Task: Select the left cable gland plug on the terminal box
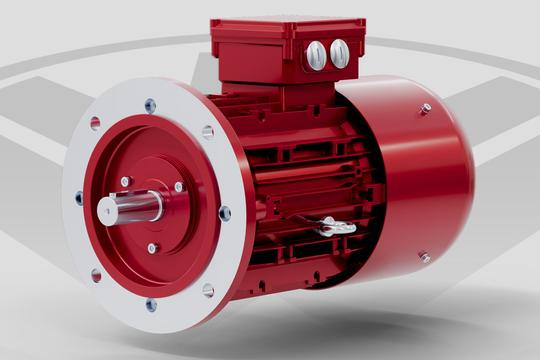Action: (x=316, y=56)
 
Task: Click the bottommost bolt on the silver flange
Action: (x=152, y=304)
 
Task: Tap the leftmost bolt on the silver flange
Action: (x=80, y=198)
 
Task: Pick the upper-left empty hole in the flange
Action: (x=95, y=123)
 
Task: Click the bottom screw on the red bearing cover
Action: (x=153, y=248)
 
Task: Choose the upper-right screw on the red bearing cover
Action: (x=179, y=187)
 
